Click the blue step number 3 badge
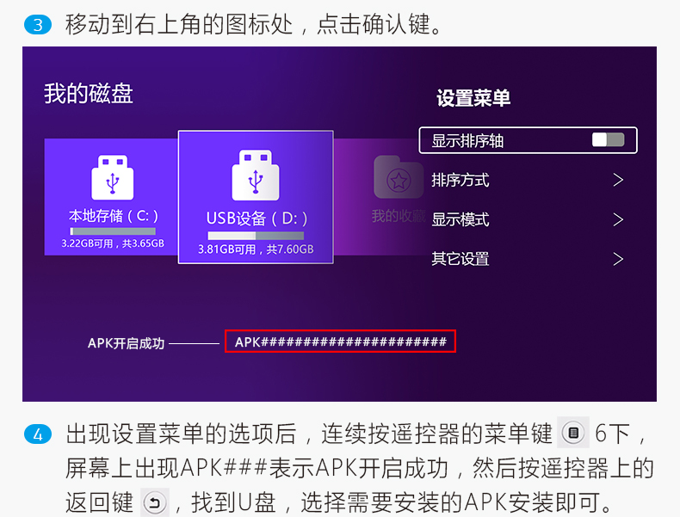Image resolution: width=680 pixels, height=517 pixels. (x=38, y=25)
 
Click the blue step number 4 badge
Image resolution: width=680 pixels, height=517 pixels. (x=38, y=434)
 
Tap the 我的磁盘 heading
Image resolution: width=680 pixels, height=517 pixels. (x=89, y=94)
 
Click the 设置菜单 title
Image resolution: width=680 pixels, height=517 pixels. (x=473, y=98)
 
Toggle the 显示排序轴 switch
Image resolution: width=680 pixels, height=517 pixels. (x=608, y=139)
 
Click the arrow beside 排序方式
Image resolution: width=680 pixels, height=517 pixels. (x=618, y=180)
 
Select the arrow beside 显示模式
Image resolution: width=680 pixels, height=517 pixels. (x=618, y=219)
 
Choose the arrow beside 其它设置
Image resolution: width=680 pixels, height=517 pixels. (x=618, y=259)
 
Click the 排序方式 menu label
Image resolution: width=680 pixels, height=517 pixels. (x=461, y=180)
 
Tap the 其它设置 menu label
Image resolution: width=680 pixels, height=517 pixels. (x=461, y=259)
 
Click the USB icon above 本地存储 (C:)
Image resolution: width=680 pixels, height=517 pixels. (x=112, y=177)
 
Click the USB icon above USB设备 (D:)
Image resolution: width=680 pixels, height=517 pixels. (x=256, y=175)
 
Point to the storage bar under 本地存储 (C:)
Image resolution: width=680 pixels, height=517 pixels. (x=113, y=231)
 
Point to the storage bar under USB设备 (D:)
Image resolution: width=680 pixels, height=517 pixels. (x=256, y=236)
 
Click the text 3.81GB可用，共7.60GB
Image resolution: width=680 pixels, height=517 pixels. (x=256, y=249)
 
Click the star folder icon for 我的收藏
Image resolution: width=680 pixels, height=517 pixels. (x=399, y=177)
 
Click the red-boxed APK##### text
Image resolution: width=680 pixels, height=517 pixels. (x=341, y=342)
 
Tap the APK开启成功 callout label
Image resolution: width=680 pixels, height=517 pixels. (x=127, y=343)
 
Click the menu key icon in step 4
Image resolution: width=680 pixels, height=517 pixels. (x=573, y=433)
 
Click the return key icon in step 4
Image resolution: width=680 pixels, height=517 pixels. (x=155, y=502)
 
